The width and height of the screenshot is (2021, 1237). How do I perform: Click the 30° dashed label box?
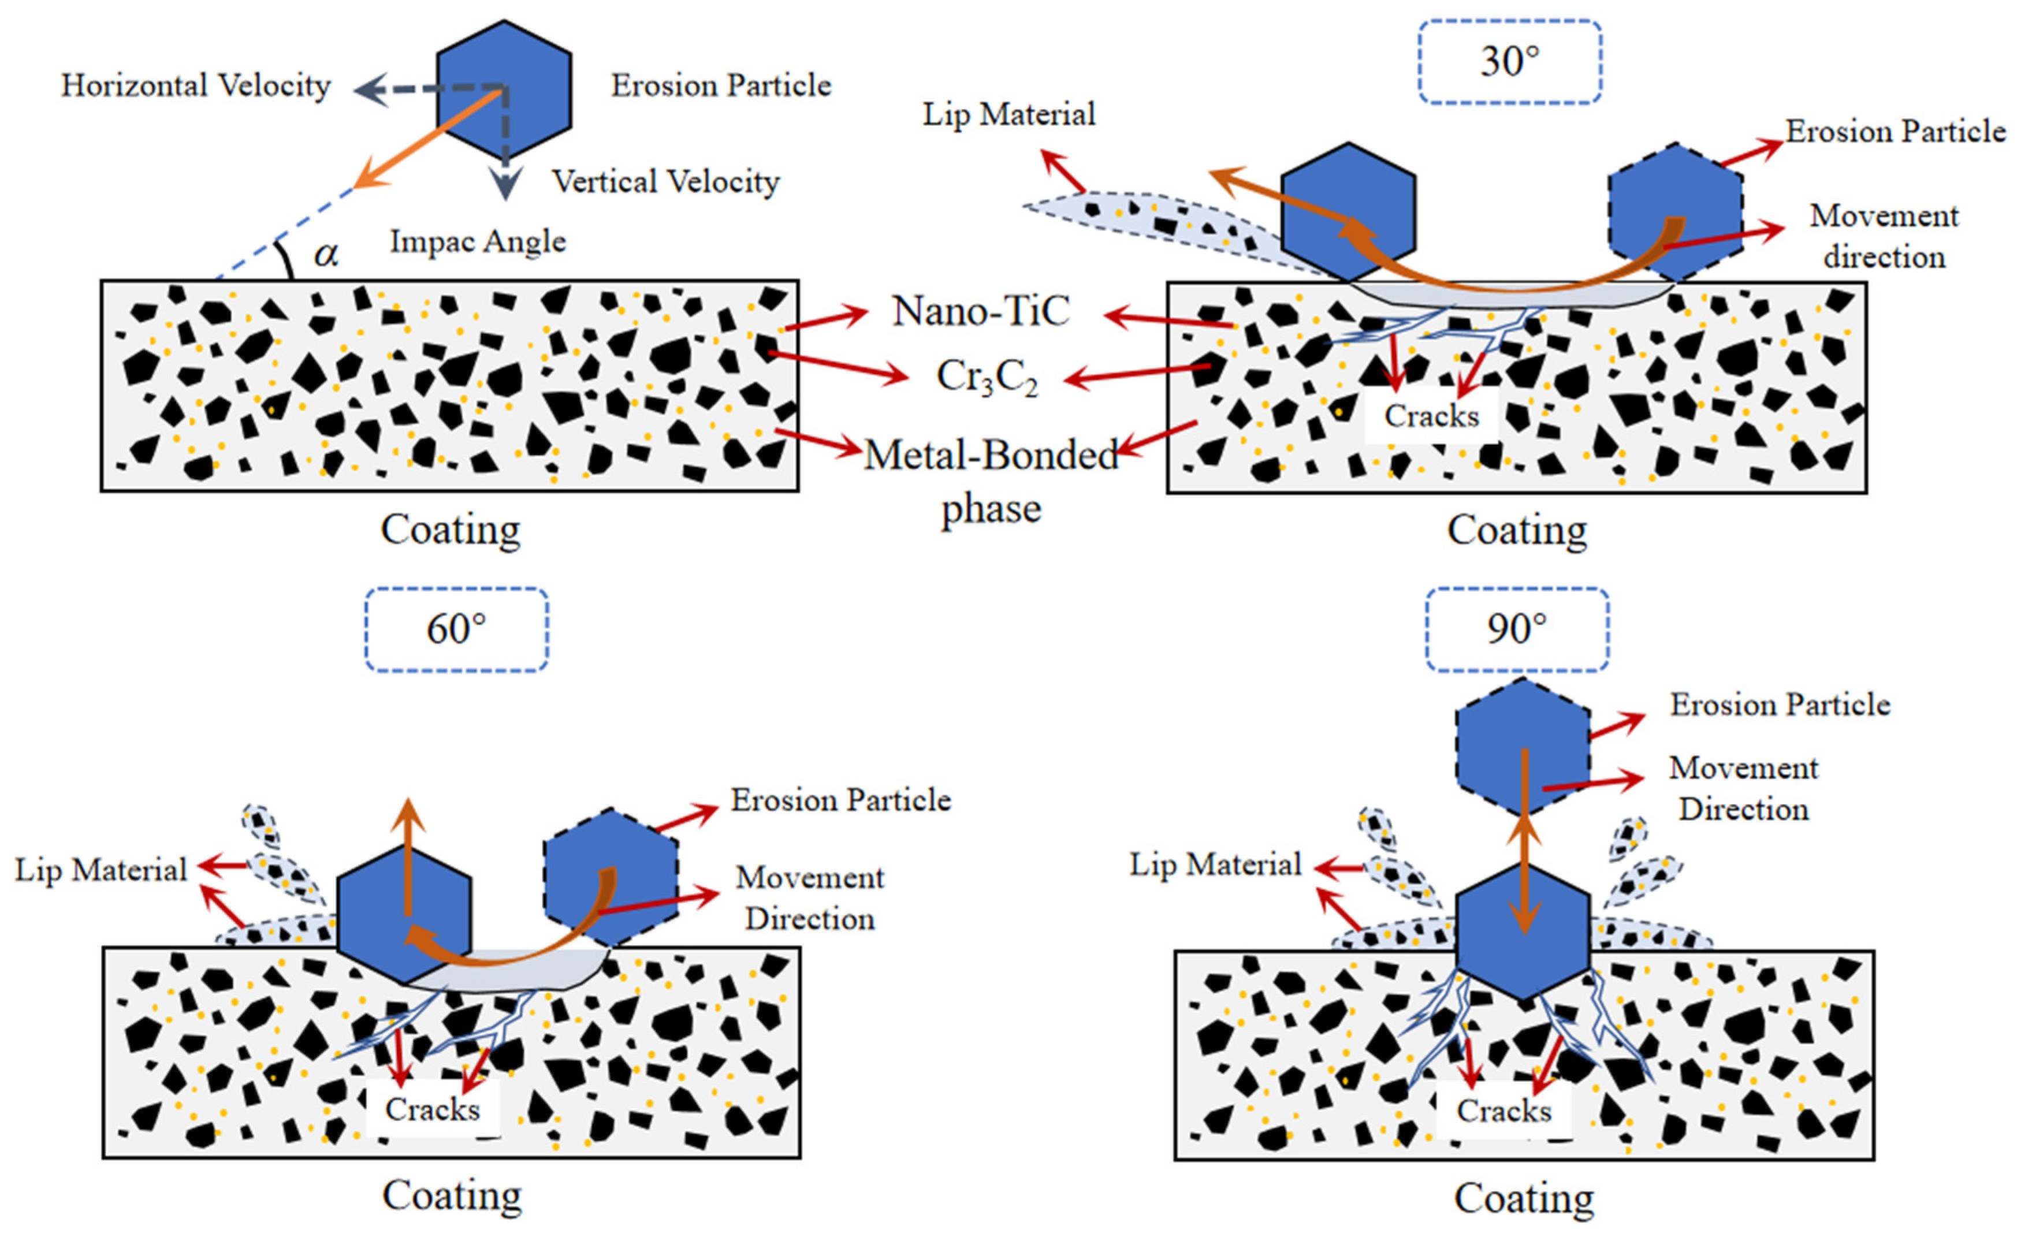pos(1509,62)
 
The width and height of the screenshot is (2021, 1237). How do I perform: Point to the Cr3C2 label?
pos(987,377)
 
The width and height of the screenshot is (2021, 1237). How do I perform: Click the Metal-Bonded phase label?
pos(991,480)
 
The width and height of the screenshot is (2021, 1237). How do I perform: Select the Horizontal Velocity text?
pos(195,85)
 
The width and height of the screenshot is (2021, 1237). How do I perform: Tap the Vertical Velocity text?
pos(665,181)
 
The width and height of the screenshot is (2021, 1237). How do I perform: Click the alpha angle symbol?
pos(326,254)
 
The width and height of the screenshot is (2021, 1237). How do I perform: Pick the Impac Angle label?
pos(477,241)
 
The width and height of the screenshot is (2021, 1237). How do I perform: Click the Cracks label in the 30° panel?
pos(1431,416)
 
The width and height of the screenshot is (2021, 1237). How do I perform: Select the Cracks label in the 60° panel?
pos(432,1109)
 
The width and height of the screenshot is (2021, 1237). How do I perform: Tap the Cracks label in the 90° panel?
pos(1503,1111)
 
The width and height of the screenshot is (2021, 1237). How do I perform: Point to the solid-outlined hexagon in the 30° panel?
pos(1348,211)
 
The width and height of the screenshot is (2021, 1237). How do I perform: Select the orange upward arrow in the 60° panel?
pos(408,853)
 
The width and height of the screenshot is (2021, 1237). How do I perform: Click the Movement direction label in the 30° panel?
pos(1884,236)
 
